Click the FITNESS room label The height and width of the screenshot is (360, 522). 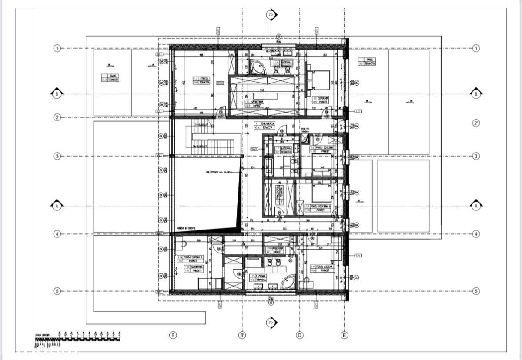(x=202, y=80)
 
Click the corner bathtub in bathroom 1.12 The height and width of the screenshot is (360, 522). (x=287, y=283)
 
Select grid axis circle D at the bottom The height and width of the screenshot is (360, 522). (x=299, y=335)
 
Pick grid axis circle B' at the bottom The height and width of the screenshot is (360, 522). (x=242, y=335)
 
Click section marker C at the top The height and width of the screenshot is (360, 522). (x=271, y=15)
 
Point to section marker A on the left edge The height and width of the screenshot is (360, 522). (x=56, y=207)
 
